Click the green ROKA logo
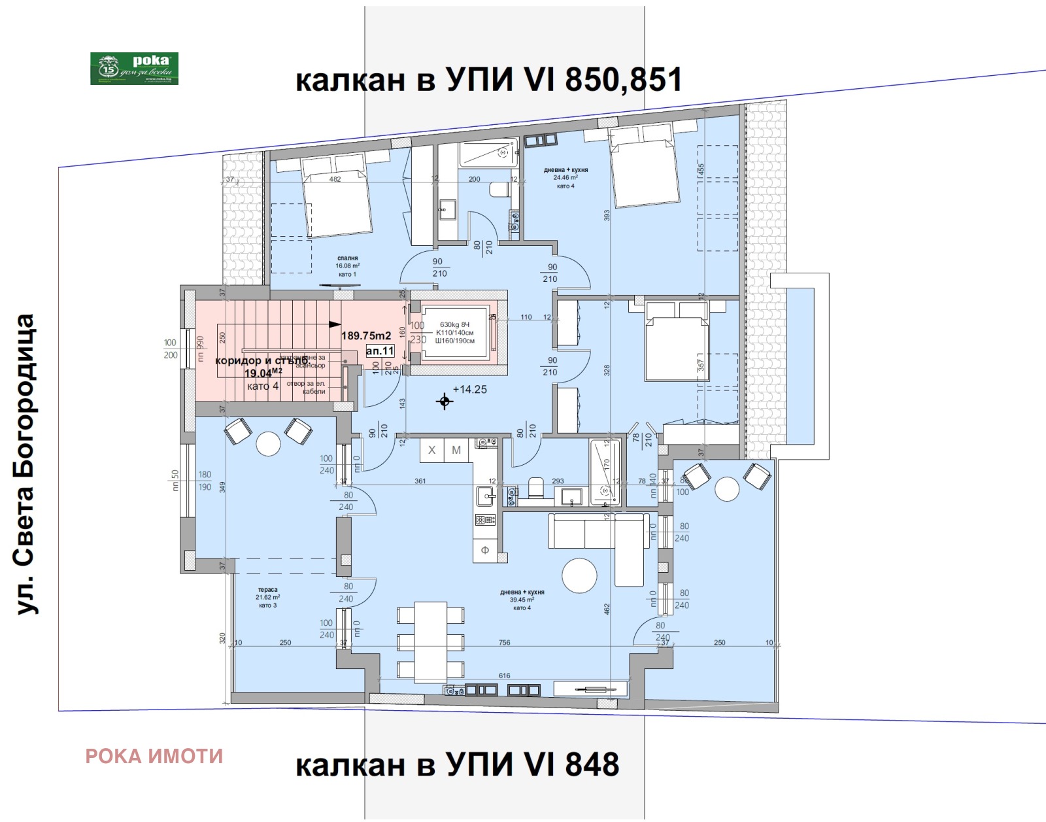click(134, 69)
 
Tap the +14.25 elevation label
click(469, 389)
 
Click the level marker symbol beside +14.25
click(445, 402)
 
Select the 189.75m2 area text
click(366, 335)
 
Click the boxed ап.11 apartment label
click(380, 351)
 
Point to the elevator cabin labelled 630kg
click(455, 332)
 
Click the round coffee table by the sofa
click(579, 575)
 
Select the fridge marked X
click(431, 450)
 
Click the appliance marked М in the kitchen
click(456, 450)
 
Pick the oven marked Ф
click(485, 550)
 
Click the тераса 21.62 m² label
click(267, 597)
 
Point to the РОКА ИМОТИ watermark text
click(154, 757)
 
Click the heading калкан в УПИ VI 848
click(457, 764)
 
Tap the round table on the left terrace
click(268, 444)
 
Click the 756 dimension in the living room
click(504, 643)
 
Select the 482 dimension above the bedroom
click(335, 179)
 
